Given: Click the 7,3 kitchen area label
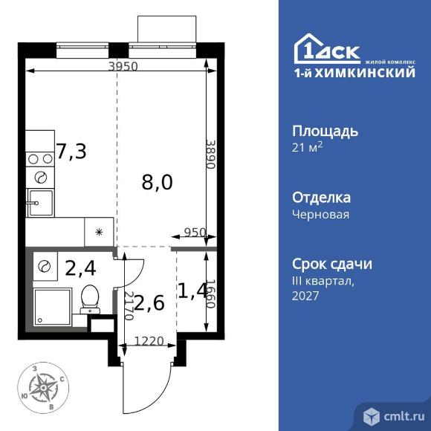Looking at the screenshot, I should point(71,152).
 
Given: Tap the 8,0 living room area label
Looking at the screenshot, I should point(158,181).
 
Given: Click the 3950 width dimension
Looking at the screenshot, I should point(123,66).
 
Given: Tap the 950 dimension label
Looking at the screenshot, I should point(195,232).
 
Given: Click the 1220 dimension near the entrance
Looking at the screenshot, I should point(149,344).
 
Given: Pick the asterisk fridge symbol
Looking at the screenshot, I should point(98,233).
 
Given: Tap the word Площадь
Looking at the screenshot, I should point(325,132).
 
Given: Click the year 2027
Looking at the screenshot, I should point(305,296).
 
